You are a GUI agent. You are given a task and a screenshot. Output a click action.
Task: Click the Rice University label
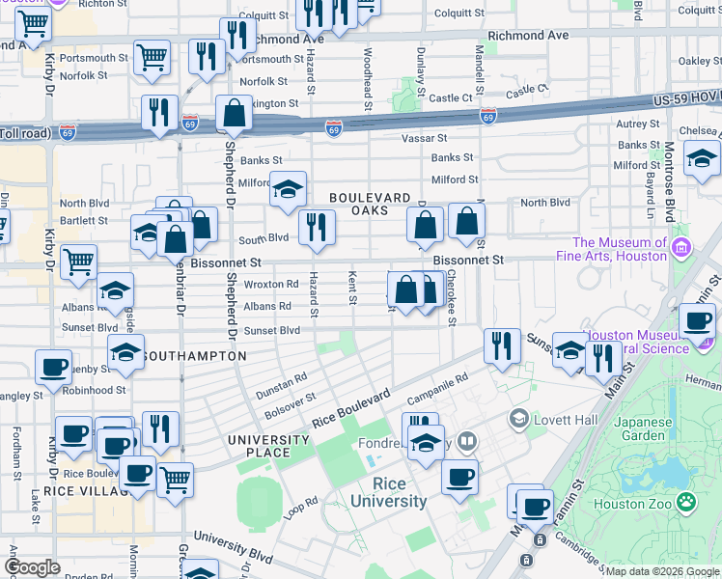pyautogui.click(x=388, y=492)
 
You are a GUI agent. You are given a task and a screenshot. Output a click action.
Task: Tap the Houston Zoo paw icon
pyautogui.click(x=686, y=501)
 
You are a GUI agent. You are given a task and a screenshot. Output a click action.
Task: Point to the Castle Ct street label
pyautogui.click(x=526, y=90)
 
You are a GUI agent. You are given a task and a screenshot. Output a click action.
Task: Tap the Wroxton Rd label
pyautogui.click(x=271, y=285)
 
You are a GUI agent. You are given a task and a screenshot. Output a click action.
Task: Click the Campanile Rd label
pyautogui.click(x=438, y=386)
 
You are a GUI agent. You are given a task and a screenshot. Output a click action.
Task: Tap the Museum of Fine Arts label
pyautogui.click(x=620, y=249)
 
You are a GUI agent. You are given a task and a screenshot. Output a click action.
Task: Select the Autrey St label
pyautogui.click(x=637, y=124)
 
